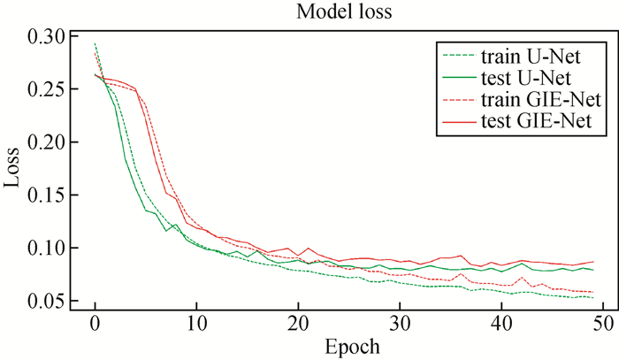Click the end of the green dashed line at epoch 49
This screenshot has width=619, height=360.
(593, 298)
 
